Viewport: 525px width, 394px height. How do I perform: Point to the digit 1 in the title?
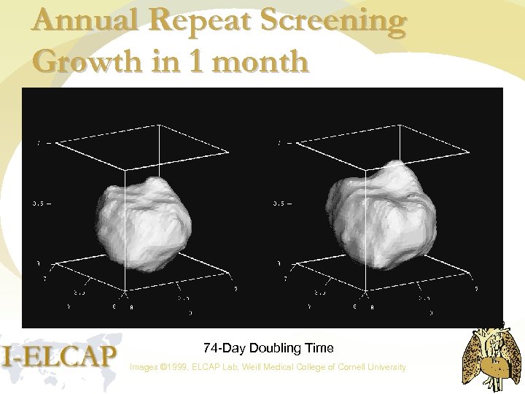[x=196, y=62]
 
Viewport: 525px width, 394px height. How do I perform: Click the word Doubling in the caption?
[x=269, y=349]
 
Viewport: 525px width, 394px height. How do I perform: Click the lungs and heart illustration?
[x=492, y=357]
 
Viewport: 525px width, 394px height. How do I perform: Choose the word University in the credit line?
[x=386, y=367]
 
